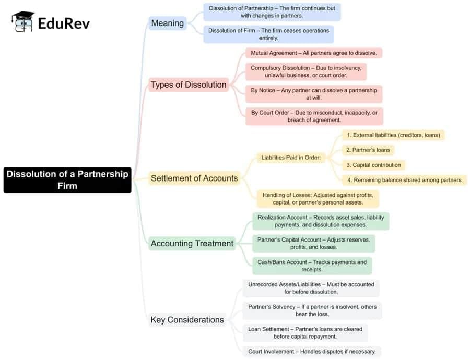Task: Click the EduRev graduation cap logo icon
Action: click(22, 22)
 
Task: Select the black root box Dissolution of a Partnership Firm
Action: click(67, 180)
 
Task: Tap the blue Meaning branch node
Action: click(167, 23)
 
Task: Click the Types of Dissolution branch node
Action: click(189, 85)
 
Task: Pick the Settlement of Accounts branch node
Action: click(194, 178)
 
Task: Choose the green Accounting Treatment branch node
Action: click(192, 243)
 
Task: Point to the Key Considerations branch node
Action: click(187, 320)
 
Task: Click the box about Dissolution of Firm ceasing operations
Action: click(268, 34)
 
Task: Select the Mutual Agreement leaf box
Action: click(314, 53)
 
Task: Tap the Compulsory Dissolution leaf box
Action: click(306, 71)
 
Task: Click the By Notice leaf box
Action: click(313, 94)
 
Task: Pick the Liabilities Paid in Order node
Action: click(291, 158)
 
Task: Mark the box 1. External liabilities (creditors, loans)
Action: click(393, 135)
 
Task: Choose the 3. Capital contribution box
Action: click(373, 165)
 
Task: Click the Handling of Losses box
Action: click(318, 198)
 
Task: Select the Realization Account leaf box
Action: click(321, 221)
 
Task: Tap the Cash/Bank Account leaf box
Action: click(312, 266)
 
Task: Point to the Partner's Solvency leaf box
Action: click(312, 310)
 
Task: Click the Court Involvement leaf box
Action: click(312, 351)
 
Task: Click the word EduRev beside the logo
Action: click(64, 23)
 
